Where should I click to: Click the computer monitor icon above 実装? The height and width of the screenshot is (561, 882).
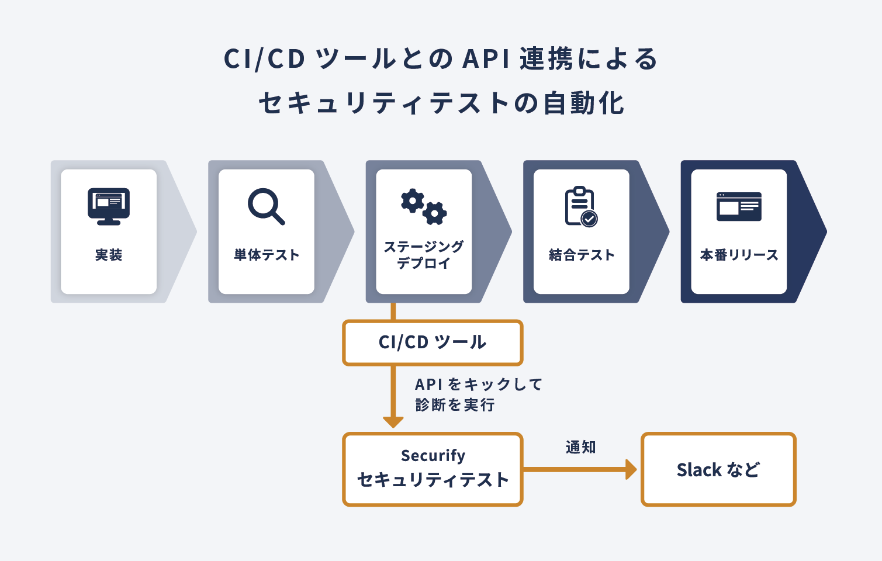coord(109,207)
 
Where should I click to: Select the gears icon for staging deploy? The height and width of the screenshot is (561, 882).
coord(424,207)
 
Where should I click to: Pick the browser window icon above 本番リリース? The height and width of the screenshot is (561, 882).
coord(739,207)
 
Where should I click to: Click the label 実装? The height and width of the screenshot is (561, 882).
coord(109,255)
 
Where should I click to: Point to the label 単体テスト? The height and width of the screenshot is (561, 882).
coord(267,255)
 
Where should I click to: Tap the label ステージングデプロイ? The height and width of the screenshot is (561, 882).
coord(424,255)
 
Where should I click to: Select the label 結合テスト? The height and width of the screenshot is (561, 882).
coord(582,255)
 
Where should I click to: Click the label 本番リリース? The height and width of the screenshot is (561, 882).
coord(739,255)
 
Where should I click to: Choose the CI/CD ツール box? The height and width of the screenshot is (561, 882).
coord(433,342)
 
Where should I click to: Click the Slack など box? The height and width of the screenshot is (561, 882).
coord(718,469)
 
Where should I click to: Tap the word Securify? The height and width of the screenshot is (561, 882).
coord(433,455)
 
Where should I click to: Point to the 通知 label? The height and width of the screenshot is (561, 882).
coord(581,448)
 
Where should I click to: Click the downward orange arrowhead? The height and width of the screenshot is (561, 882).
coord(393,422)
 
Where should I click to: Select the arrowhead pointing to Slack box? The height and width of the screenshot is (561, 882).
coord(631,469)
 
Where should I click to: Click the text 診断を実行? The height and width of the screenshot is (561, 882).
coord(455,405)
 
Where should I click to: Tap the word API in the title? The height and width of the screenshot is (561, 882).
coord(486,59)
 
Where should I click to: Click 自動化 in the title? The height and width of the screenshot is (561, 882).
coord(584,103)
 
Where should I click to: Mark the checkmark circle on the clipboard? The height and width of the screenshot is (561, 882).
coord(589,219)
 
